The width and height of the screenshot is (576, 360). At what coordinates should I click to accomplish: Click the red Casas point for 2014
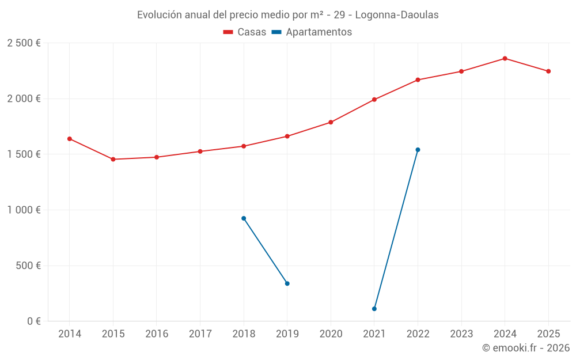(x=70, y=139)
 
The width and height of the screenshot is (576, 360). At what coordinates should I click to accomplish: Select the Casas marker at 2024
(x=505, y=58)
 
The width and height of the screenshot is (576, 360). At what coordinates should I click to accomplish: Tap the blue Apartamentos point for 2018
(x=244, y=218)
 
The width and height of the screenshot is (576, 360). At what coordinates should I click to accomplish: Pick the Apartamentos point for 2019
(x=287, y=283)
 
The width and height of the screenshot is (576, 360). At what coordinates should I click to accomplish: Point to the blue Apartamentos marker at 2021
(x=374, y=309)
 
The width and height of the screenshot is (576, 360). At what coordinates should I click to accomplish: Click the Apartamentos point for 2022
(x=418, y=150)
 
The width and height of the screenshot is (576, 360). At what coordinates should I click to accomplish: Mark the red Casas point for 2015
(x=113, y=160)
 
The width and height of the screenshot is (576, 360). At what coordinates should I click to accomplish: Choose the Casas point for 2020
(x=331, y=122)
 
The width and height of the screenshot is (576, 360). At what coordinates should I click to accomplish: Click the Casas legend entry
(x=245, y=32)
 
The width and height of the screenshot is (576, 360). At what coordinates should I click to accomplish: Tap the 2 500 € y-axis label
(x=24, y=43)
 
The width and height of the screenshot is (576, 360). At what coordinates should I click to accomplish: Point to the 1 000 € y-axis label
(x=24, y=210)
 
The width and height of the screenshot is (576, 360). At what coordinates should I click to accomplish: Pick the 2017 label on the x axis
(x=200, y=334)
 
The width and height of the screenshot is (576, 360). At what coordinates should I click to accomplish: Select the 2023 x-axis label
(x=461, y=334)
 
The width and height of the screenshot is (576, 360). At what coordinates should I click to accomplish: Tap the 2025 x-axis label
(x=548, y=334)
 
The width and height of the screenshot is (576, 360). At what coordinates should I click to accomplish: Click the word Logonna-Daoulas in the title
(x=397, y=15)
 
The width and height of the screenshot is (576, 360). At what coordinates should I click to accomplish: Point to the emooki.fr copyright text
(x=526, y=348)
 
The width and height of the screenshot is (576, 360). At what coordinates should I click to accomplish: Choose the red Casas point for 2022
(x=418, y=80)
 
